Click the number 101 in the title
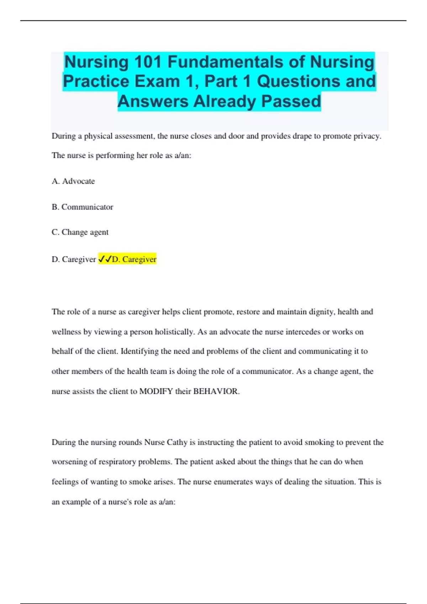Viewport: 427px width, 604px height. click(x=147, y=62)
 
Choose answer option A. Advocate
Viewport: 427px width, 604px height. click(x=73, y=181)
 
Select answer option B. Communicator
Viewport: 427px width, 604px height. click(x=83, y=207)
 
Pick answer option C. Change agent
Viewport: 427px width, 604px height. click(x=80, y=232)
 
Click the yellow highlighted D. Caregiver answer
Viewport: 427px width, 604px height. click(x=134, y=259)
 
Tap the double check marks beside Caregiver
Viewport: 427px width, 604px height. click(x=105, y=259)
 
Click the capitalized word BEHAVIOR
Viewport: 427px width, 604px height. click(x=216, y=391)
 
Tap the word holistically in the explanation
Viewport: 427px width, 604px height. click(x=174, y=332)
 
